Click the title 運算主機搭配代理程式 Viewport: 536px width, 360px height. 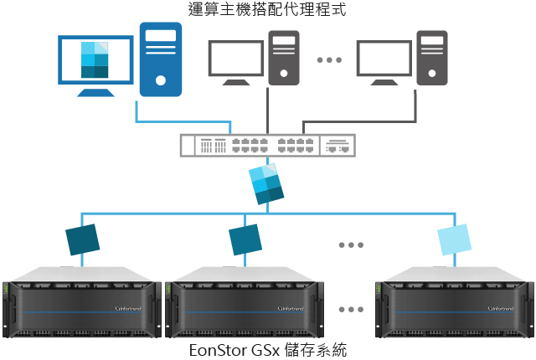(x=267, y=11)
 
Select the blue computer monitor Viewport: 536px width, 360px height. (x=95, y=64)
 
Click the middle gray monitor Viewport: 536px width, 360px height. (x=235, y=62)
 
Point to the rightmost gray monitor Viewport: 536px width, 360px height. (x=384, y=62)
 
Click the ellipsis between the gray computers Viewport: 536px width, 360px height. (x=329, y=59)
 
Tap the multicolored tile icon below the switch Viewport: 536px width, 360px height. (x=267, y=184)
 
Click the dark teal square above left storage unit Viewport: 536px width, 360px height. (x=83, y=239)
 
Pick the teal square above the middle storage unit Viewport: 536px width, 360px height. (x=246, y=239)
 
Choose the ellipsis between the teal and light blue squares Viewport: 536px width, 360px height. (x=352, y=244)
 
